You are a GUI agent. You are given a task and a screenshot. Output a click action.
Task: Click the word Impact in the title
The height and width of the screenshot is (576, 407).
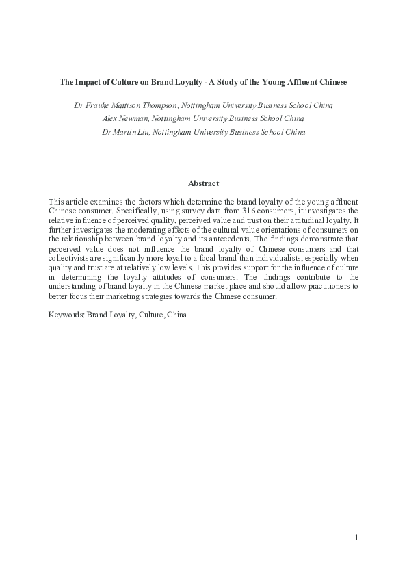(88, 82)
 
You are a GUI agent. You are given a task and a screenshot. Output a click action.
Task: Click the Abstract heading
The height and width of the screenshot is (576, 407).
(203, 183)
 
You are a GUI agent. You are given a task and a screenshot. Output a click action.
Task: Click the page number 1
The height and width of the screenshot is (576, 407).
(356, 538)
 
